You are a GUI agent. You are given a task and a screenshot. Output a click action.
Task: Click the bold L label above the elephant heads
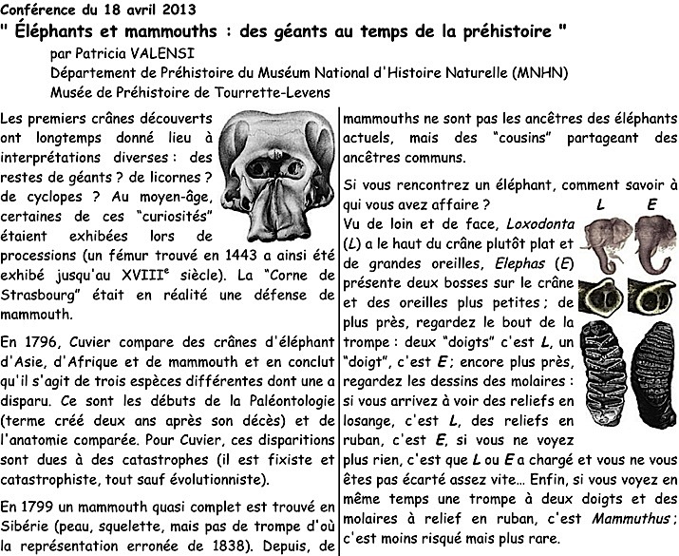click(x=600, y=204)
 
